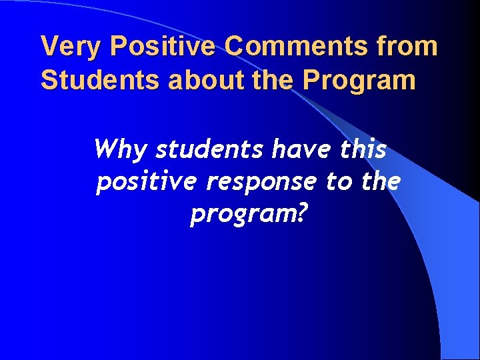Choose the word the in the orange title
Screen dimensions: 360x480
click(263, 80)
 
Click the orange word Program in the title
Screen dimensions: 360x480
click(359, 81)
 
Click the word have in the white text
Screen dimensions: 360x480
click(299, 149)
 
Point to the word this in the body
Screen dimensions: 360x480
click(363, 149)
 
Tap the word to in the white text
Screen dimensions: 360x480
click(337, 181)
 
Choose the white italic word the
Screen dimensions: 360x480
click(379, 181)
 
